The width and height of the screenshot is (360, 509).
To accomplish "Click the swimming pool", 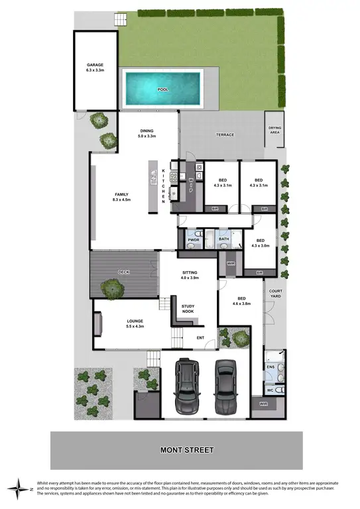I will [162, 88].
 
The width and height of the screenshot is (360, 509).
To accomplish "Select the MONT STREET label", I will [187, 450].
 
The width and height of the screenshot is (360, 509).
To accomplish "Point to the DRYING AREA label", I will [274, 130].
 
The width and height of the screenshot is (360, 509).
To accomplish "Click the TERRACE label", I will [225, 135].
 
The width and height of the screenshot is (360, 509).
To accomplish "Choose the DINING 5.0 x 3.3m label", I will [147, 133].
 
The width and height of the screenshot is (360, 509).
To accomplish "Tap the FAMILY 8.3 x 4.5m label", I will [121, 197].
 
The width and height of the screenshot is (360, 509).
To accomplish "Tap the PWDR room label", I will [194, 239].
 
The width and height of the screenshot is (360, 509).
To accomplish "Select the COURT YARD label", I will [275, 294].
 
